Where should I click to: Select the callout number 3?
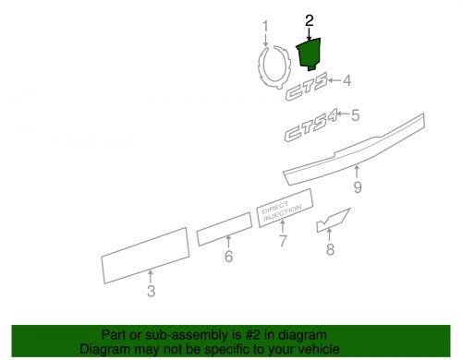pyautogui.click(x=151, y=294)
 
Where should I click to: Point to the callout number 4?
pyautogui.click(x=347, y=81)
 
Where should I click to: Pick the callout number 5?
pyautogui.click(x=354, y=115)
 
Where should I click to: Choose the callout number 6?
pyautogui.click(x=228, y=257)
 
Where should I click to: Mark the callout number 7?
pyautogui.click(x=284, y=243)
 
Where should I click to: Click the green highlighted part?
pyautogui.click(x=309, y=52)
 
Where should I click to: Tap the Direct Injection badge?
pyautogui.click(x=284, y=213)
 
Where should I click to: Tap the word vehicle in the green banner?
pyautogui.click(x=318, y=350)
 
